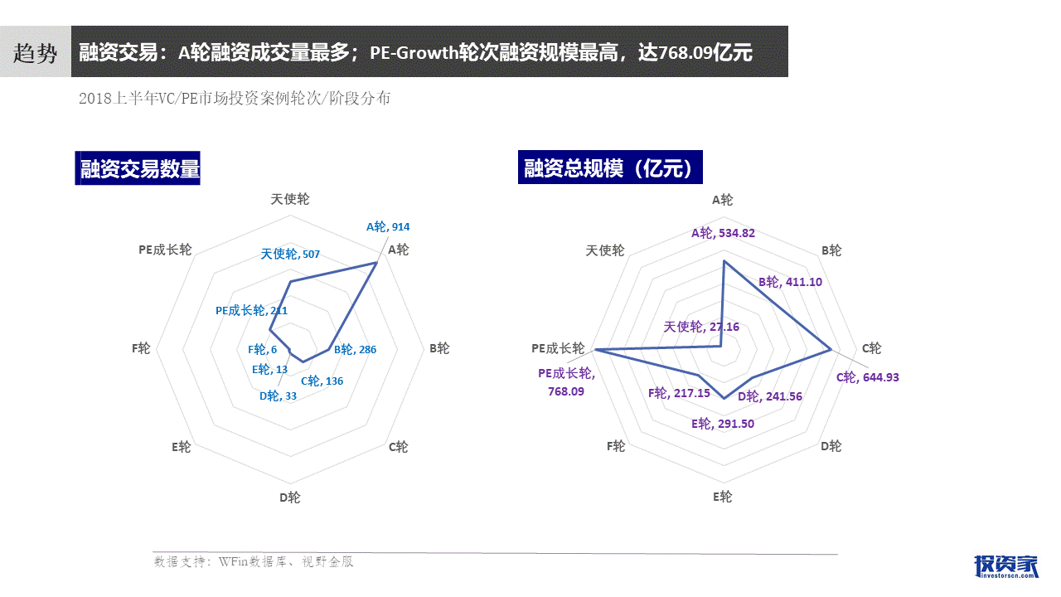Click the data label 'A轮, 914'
click(x=388, y=226)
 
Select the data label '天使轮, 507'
click(x=290, y=254)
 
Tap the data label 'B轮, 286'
click(x=355, y=349)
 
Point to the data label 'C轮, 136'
click(x=322, y=381)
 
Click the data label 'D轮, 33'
click(x=278, y=396)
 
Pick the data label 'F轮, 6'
click(x=262, y=351)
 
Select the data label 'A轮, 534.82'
click(x=723, y=233)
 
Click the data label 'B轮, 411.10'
click(x=791, y=282)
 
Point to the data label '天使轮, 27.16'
click(x=701, y=327)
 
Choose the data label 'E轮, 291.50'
click(x=723, y=424)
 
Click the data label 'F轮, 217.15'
click(x=679, y=392)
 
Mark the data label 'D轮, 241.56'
click(x=770, y=396)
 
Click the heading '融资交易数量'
click(x=139, y=168)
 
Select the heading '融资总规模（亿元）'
click(x=610, y=167)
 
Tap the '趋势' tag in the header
click(x=36, y=53)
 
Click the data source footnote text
click(x=254, y=562)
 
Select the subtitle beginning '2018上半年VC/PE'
click(x=235, y=99)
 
